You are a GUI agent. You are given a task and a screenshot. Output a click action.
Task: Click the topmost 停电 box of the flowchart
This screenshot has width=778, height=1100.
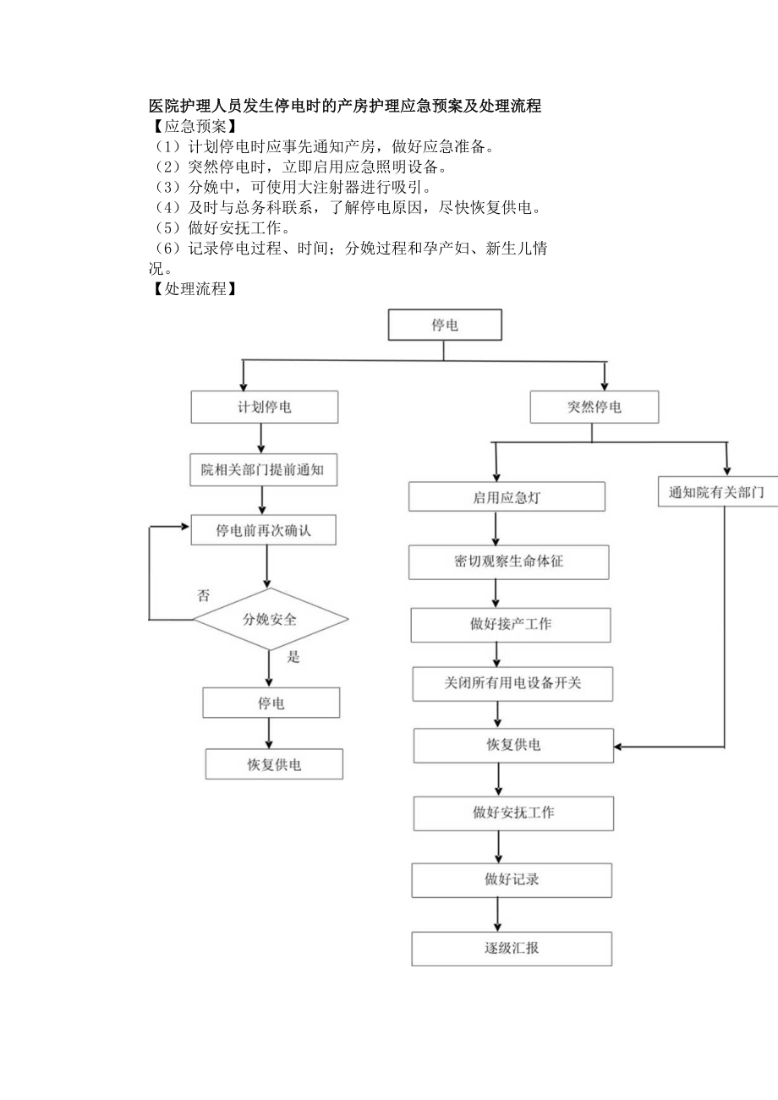[445, 325]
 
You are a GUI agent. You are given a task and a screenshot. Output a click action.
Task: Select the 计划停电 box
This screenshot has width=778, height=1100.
[265, 407]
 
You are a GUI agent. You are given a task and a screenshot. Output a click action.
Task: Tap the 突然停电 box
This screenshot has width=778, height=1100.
[594, 407]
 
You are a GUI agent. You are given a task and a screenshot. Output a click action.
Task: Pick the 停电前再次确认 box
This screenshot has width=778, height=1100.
[264, 531]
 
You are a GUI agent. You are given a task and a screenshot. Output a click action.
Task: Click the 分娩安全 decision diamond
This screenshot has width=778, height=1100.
[271, 619]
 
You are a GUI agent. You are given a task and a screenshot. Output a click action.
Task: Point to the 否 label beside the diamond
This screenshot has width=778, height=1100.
[203, 595]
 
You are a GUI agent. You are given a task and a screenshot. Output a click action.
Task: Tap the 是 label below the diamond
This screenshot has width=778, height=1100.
[294, 657]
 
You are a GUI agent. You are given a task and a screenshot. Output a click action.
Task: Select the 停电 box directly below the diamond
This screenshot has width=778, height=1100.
[271, 703]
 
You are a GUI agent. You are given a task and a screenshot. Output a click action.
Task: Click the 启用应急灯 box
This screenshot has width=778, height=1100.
[507, 497]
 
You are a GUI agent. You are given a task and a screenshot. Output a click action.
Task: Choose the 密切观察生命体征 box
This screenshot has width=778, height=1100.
[508, 561]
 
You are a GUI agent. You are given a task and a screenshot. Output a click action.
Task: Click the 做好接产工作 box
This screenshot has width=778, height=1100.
[511, 624]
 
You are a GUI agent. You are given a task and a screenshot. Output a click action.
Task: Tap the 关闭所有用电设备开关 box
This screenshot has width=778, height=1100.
[512, 683]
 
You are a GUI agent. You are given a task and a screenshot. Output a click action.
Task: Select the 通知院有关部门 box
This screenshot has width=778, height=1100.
[717, 492]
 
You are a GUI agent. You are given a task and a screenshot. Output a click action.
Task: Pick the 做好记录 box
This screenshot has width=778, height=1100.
[512, 879]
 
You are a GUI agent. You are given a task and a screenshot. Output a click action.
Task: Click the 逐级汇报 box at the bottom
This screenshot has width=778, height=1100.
[512, 948]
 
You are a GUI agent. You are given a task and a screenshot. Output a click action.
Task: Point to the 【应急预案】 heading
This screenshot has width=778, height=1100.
[189, 127]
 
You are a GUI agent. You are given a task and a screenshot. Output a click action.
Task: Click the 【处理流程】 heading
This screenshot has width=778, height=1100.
[189, 288]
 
